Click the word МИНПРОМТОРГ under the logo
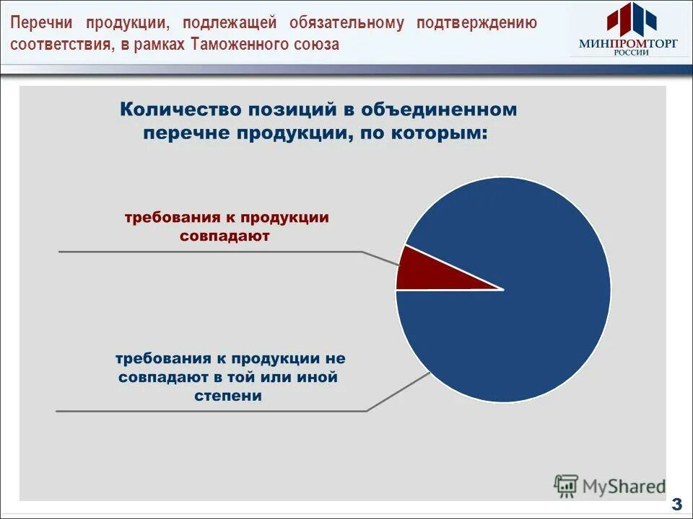click(x=629, y=43)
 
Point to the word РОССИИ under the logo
click(x=629, y=53)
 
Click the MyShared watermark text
click(x=625, y=487)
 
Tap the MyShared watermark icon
click(x=566, y=486)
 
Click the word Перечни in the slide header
click(x=40, y=22)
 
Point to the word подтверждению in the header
click(x=476, y=22)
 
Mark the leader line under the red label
click(x=209, y=252)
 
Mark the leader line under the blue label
click(x=209, y=411)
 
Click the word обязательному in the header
click(x=347, y=22)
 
